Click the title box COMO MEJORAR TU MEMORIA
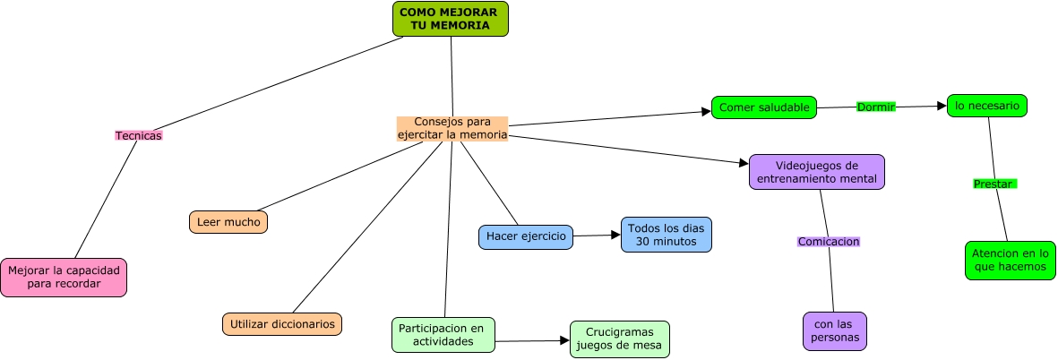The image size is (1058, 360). [x=450, y=19]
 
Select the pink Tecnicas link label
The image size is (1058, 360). [x=139, y=135]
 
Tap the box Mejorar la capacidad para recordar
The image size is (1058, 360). [x=64, y=278]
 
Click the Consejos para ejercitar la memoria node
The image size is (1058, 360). [x=452, y=128]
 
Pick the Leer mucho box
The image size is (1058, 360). [x=228, y=222]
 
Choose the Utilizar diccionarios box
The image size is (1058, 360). [x=282, y=323]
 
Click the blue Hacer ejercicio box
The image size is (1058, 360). [x=526, y=236]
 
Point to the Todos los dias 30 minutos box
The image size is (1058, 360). [x=667, y=235]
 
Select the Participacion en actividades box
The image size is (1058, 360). [x=443, y=334]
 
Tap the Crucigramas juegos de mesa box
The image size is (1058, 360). [x=620, y=339]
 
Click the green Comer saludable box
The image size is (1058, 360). [x=764, y=107]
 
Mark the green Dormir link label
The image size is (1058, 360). [x=876, y=107]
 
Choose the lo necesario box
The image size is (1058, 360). [x=987, y=106]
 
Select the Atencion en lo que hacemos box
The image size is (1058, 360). [x=1009, y=260]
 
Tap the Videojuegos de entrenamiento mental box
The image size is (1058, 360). [x=817, y=172]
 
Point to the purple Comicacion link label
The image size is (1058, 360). [x=829, y=242]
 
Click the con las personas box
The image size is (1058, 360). [x=835, y=330]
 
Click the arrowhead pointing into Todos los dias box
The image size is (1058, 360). [x=615, y=235]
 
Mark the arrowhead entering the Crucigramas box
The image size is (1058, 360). [x=564, y=340]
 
